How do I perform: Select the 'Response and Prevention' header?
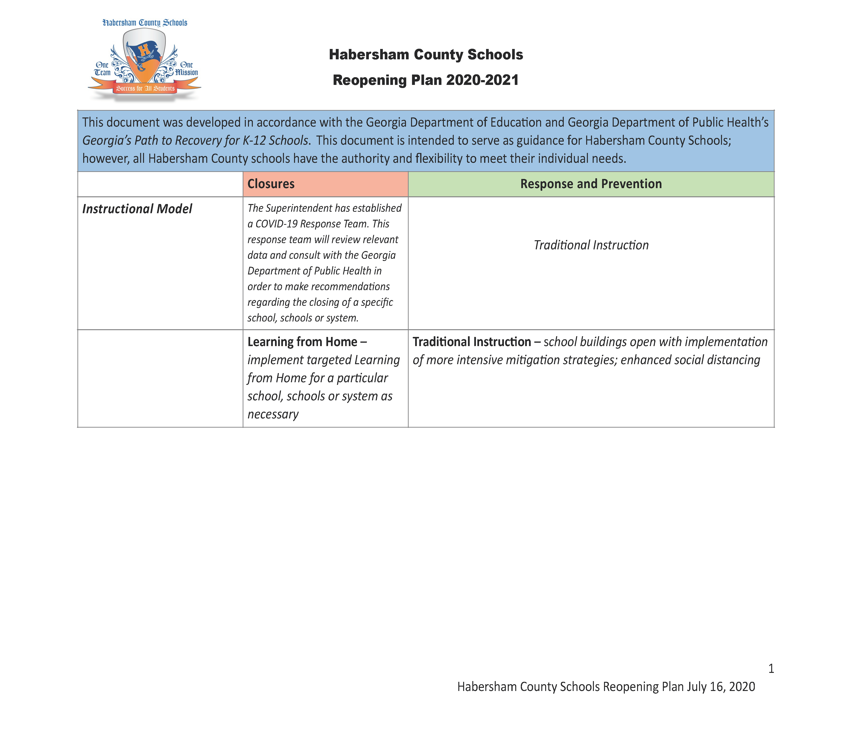591,184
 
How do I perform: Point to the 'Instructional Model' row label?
137,209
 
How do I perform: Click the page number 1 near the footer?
771,668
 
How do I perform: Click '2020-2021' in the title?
482,80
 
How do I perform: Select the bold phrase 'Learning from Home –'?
307,342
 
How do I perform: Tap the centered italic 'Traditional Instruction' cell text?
591,245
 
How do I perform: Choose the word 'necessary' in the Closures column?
273,414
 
